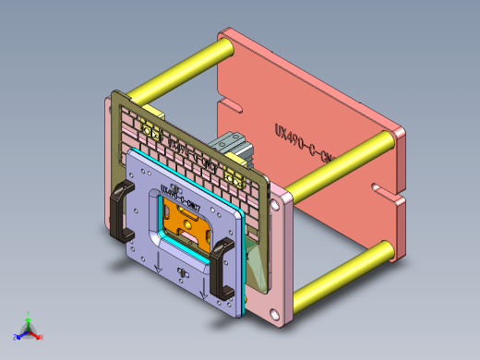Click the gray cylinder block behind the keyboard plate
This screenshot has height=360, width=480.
231,147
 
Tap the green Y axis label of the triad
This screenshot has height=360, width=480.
29,314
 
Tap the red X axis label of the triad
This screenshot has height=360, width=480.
42,338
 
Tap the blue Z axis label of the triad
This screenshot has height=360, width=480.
15,336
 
